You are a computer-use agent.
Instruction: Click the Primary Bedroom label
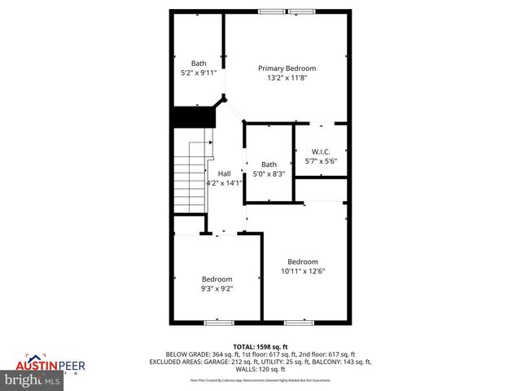(287, 68)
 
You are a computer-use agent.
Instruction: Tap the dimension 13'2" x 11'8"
(287, 78)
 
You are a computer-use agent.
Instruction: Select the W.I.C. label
(321, 151)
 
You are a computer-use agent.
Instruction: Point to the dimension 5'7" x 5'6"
(321, 160)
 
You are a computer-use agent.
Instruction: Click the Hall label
(224, 174)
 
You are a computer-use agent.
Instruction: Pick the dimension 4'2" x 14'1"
(224, 183)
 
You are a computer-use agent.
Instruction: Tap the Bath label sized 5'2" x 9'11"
(199, 64)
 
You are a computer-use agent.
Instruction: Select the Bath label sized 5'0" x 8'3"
(269, 165)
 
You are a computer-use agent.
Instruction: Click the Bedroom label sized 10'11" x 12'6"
(303, 261)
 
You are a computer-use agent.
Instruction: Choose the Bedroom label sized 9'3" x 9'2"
(217, 279)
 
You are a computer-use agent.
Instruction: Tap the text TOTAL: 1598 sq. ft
(260, 346)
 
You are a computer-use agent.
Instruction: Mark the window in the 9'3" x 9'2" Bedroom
(217, 323)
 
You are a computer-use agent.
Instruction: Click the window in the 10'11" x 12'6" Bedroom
(299, 323)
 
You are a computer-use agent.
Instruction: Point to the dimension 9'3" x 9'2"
(217, 288)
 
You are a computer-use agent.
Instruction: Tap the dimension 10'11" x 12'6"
(303, 271)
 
